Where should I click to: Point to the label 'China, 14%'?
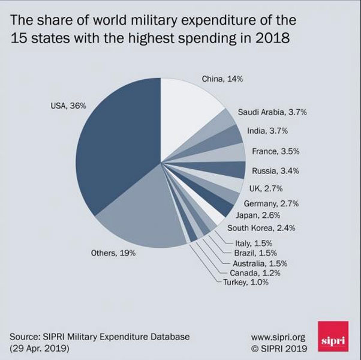pyautogui.click(x=222, y=79)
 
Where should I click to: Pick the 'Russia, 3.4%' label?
pyautogui.click(x=275, y=170)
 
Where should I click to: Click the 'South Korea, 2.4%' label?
pyautogui.click(x=261, y=228)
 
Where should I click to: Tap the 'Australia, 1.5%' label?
pyautogui.click(x=259, y=263)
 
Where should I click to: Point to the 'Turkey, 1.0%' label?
pyautogui.click(x=246, y=282)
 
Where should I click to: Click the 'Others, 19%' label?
pyautogui.click(x=113, y=253)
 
